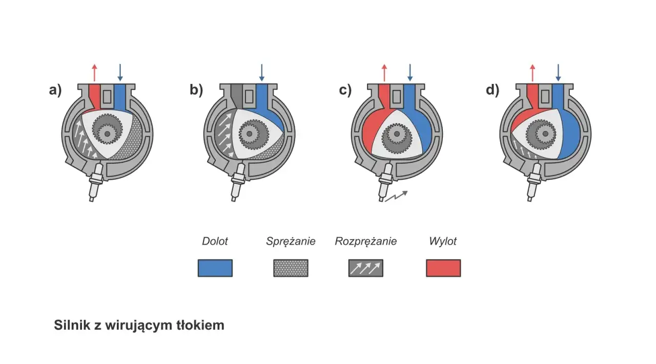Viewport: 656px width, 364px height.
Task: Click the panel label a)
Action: [x=55, y=90]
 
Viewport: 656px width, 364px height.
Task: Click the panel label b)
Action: [x=196, y=90]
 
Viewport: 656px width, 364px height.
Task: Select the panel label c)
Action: [x=345, y=90]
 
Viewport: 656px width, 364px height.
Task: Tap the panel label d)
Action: [x=493, y=90]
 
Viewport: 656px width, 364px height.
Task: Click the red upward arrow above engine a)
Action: [x=94, y=73]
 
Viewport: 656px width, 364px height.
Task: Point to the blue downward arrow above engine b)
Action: [x=262, y=73]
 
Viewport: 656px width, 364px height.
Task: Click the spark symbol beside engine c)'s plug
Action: [x=396, y=196]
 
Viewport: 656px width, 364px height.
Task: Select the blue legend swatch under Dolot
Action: [x=215, y=268]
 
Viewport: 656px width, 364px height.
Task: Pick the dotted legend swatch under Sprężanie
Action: [x=291, y=268]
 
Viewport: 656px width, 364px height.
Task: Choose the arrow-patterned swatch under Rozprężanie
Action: [x=366, y=268]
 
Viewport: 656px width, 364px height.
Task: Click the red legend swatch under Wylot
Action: [x=443, y=268]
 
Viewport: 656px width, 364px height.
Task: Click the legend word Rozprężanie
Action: [x=366, y=242]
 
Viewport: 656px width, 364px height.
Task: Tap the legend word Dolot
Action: [x=215, y=242]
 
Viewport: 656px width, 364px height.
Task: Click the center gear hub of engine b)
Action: [x=249, y=134]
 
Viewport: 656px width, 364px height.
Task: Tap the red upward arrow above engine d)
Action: [x=532, y=73]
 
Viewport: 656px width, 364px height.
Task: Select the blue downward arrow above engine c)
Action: [x=410, y=73]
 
